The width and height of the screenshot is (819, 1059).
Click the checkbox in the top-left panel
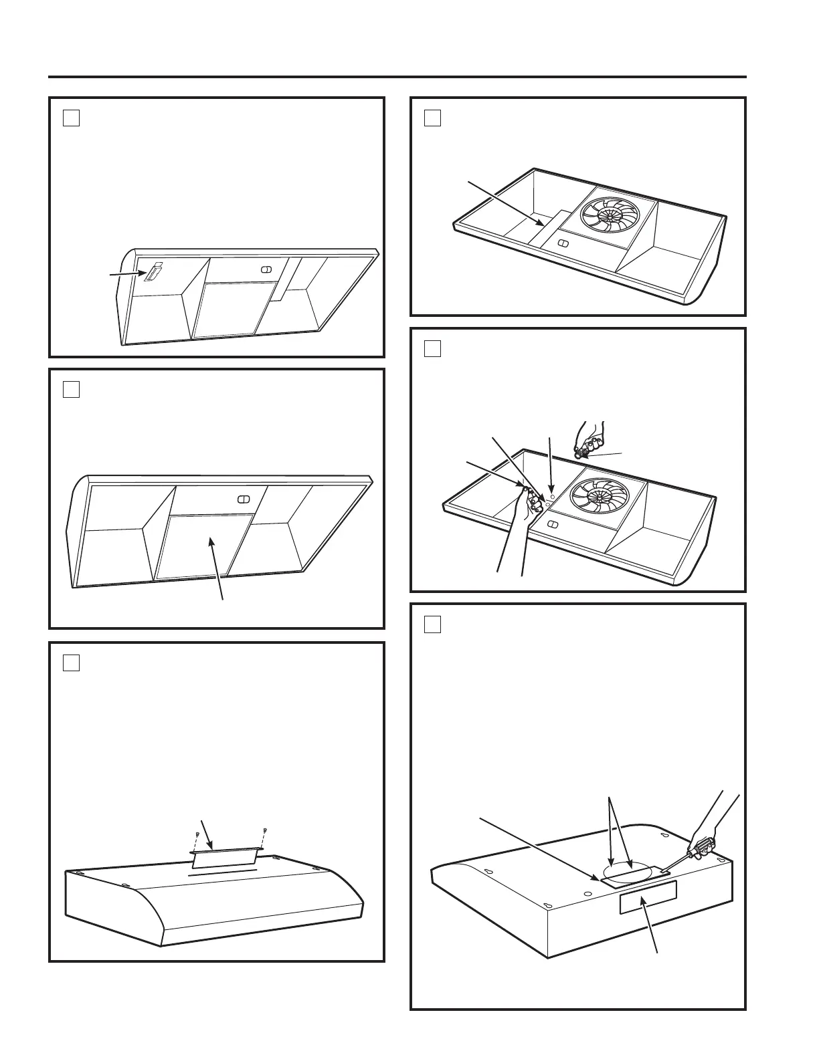click(x=72, y=118)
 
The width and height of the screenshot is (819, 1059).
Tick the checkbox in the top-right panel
click(x=432, y=118)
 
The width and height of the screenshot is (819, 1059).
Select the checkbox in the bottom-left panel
click(x=72, y=663)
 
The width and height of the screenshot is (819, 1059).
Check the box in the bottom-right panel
click(x=432, y=624)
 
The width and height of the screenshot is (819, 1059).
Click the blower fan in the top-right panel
click(x=610, y=215)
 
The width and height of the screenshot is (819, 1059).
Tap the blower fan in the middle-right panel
click(x=607, y=495)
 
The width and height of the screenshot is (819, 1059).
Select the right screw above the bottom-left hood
click(x=266, y=831)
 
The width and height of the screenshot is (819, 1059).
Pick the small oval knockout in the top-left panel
click(x=265, y=269)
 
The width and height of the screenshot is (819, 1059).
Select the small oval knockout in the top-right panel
click(x=563, y=243)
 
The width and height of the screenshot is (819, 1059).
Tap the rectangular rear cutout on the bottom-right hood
click(x=648, y=897)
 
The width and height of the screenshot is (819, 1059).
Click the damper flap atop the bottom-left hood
click(x=224, y=858)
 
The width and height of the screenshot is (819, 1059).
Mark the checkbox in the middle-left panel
click(x=72, y=389)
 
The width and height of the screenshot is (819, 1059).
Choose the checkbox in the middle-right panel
click(x=432, y=348)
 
